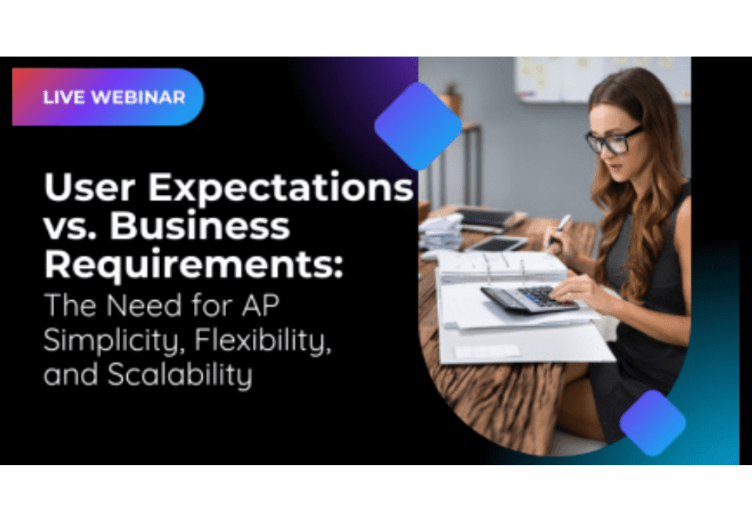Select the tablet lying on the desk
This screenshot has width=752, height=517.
click(499, 244)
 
